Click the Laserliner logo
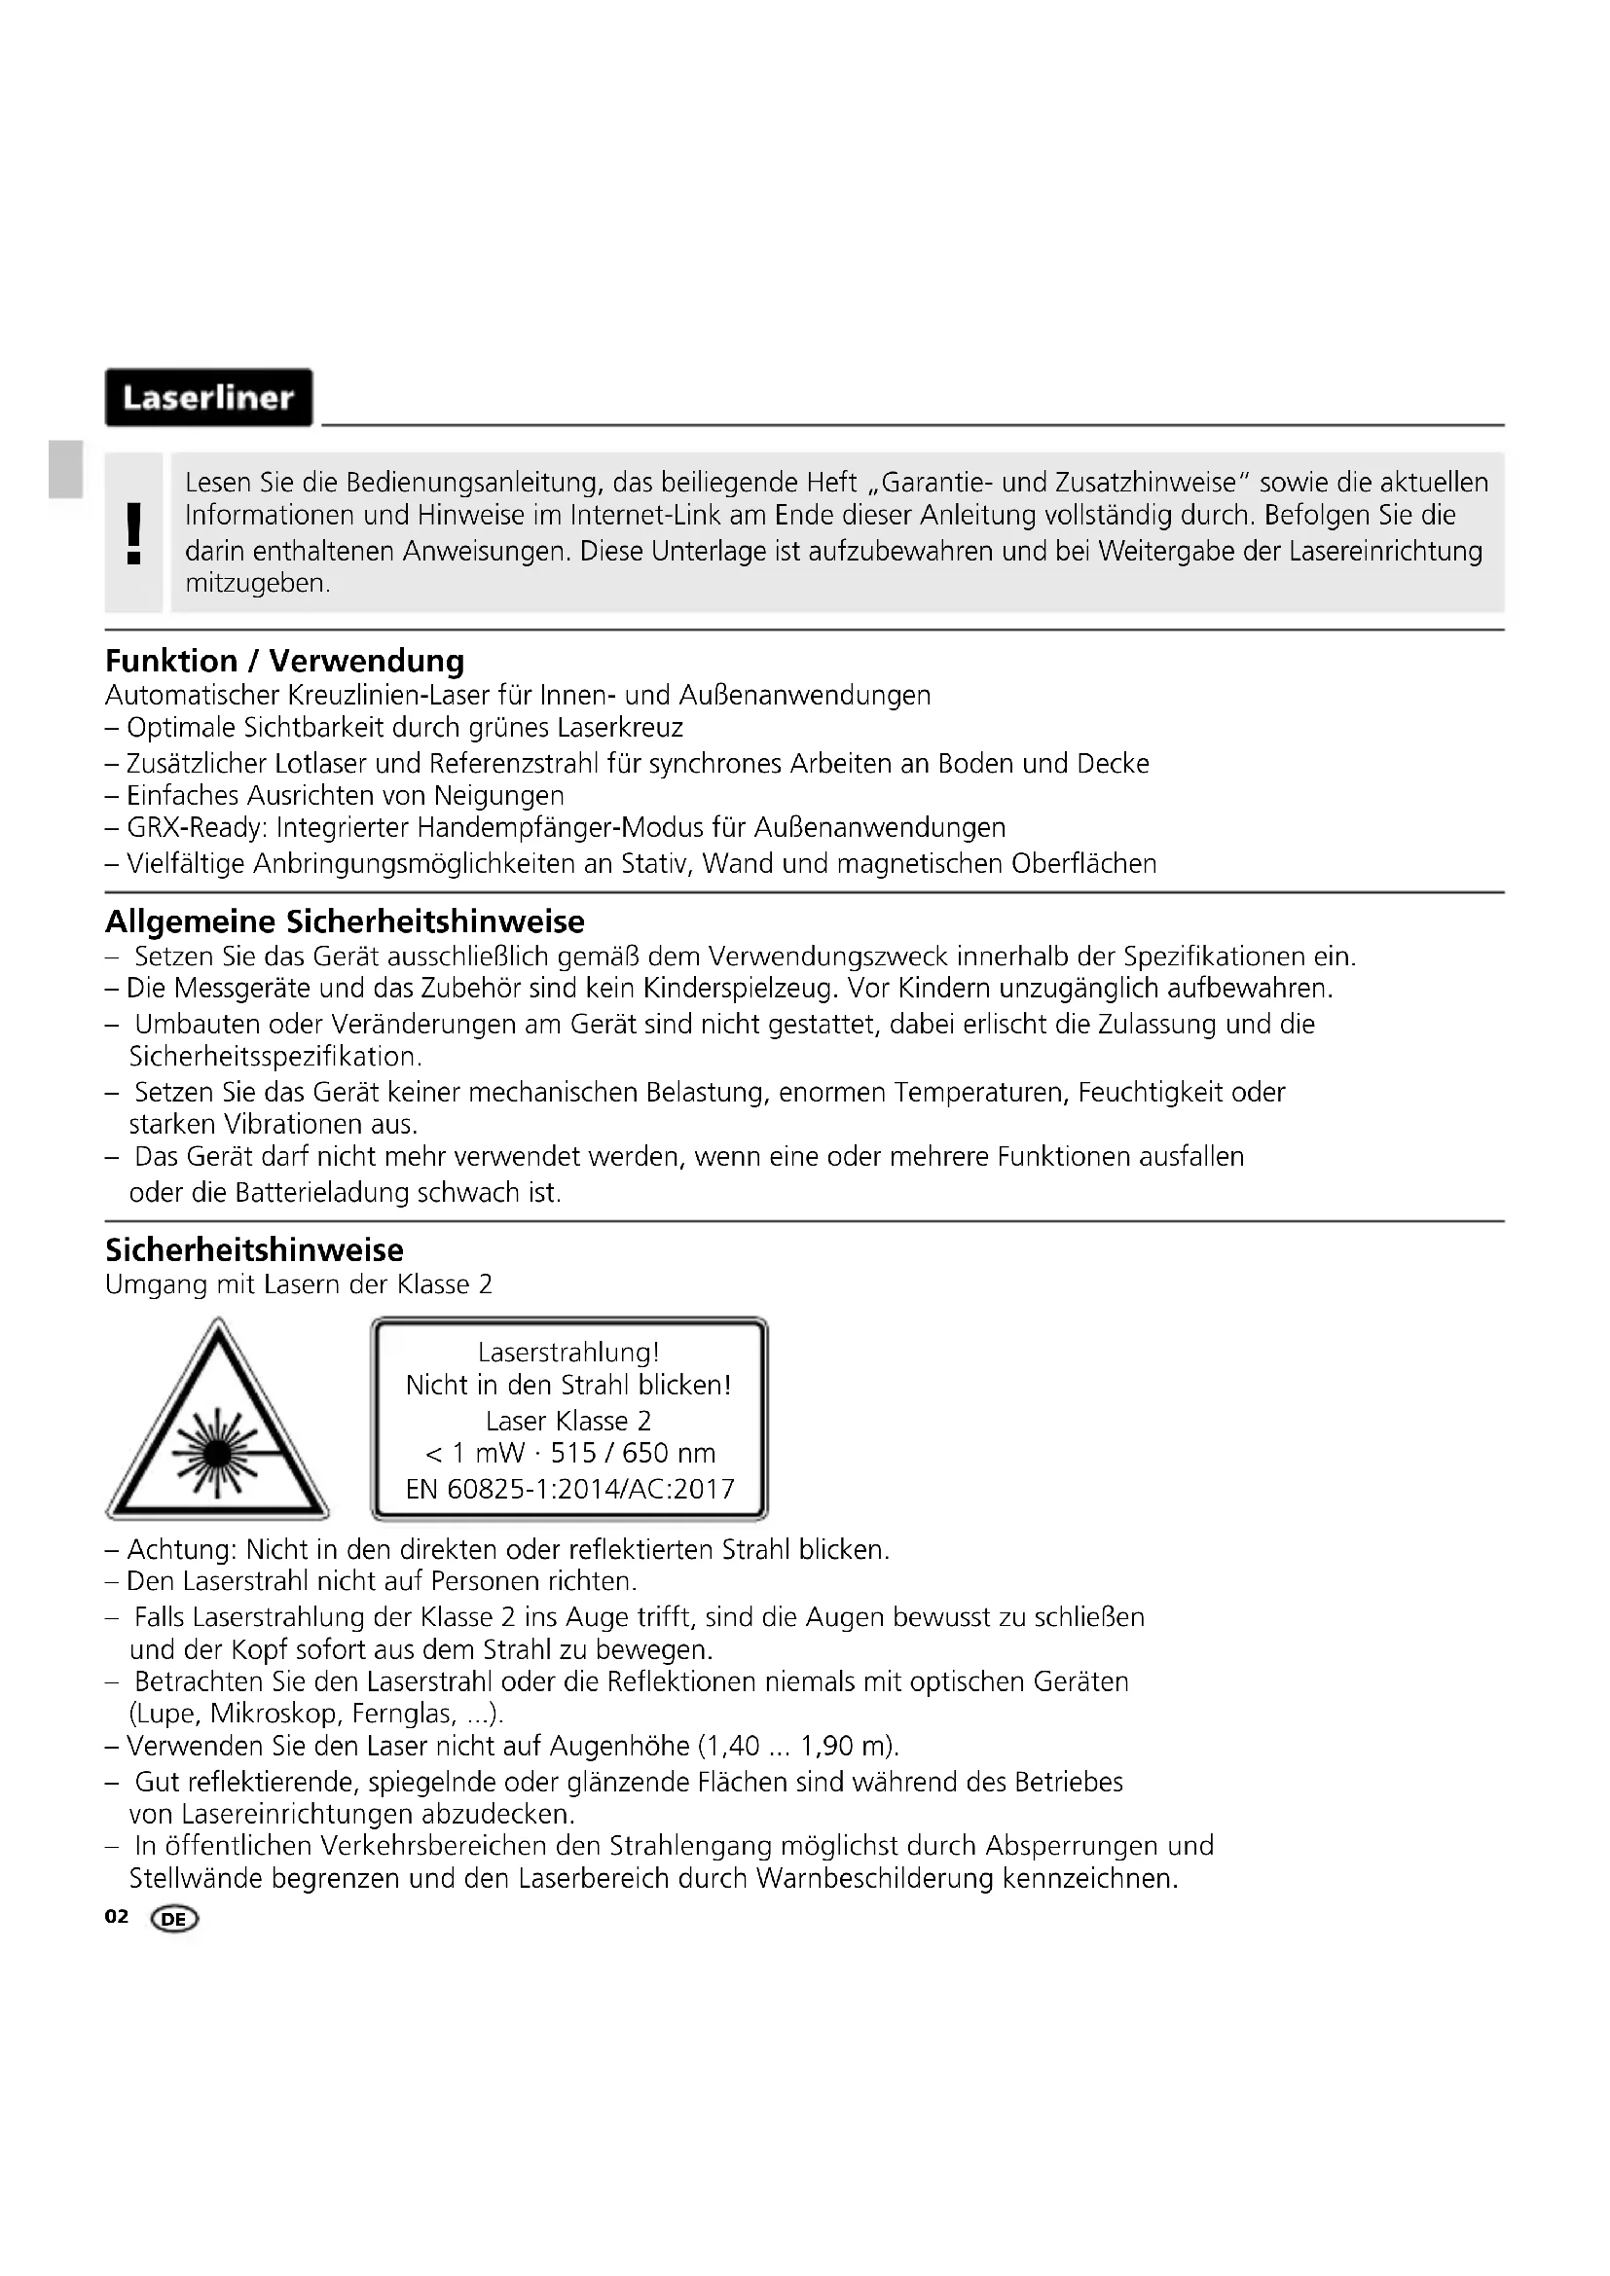(208, 398)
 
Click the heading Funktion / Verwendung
(284, 661)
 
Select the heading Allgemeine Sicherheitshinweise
(345, 921)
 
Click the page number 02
(117, 1917)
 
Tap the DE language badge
(173, 1919)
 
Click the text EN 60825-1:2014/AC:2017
(570, 1489)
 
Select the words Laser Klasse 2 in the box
(568, 1422)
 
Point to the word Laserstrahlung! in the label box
(568, 1354)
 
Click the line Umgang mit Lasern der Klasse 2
(299, 1285)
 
